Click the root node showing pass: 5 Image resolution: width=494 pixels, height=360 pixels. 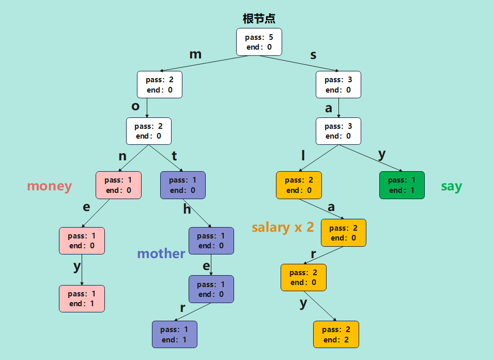(x=259, y=42)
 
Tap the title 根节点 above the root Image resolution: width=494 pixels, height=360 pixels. (x=259, y=19)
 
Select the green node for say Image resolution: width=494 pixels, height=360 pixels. (x=402, y=185)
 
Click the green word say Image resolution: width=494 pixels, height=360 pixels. (x=451, y=186)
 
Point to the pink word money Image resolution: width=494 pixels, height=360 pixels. (x=49, y=186)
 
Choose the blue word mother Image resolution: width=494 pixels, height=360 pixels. (x=161, y=253)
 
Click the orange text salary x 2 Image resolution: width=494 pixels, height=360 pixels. (x=283, y=227)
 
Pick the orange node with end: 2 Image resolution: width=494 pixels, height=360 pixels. (x=336, y=335)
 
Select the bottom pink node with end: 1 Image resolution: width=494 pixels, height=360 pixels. (x=82, y=298)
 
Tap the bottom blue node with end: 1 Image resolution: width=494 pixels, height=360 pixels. (x=175, y=334)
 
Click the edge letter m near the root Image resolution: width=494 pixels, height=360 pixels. (x=195, y=54)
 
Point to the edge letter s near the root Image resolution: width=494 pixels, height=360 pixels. (x=313, y=55)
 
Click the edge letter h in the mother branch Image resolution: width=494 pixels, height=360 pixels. (x=187, y=209)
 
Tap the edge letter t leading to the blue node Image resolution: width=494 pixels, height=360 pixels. (x=174, y=156)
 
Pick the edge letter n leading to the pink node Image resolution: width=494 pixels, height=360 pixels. (x=122, y=156)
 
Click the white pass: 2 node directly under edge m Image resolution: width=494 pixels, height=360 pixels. (x=159, y=85)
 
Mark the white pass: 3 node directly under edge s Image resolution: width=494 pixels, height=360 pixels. (x=338, y=85)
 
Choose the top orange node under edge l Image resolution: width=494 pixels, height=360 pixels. (x=299, y=185)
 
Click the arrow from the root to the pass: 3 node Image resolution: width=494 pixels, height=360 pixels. (x=300, y=63)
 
